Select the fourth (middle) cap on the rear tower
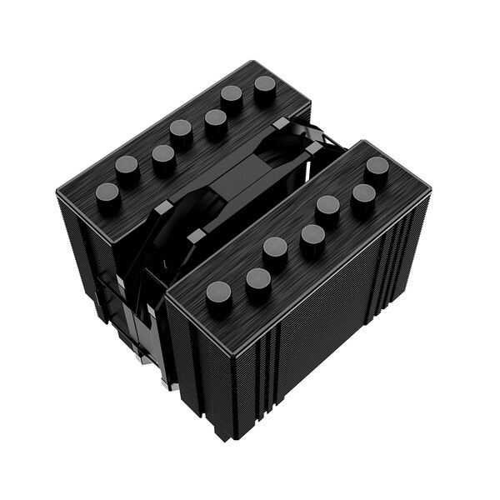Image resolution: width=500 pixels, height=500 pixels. (181, 130)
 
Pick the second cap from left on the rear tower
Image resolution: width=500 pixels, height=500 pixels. (127, 167)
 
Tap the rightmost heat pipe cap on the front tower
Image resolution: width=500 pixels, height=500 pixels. (377, 167)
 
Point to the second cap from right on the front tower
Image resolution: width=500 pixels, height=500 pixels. (362, 196)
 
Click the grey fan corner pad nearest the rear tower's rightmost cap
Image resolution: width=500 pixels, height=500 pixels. (282, 124)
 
